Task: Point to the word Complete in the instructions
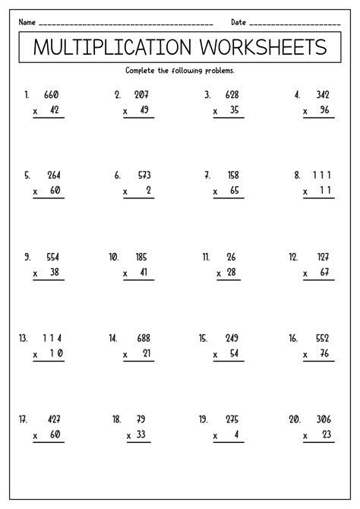coord(142,71)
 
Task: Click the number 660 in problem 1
coord(52,95)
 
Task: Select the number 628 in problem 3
coord(232,95)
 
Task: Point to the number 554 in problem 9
coord(52,257)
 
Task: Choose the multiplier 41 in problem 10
coord(144,272)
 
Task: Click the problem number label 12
coord(293,257)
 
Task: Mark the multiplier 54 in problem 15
coord(234,353)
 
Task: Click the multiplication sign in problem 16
coord(305,354)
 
